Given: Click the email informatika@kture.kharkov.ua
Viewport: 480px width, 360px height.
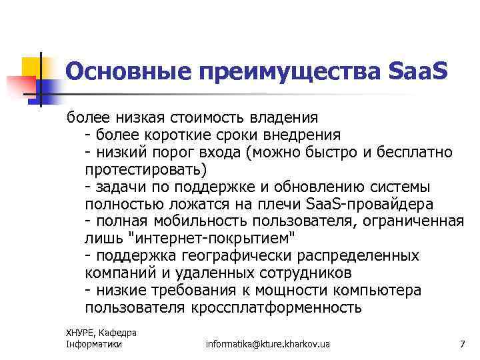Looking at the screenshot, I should click(268, 344).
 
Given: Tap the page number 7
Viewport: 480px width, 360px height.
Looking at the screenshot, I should click(462, 344).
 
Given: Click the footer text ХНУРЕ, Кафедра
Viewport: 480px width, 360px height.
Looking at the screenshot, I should click(101, 333).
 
